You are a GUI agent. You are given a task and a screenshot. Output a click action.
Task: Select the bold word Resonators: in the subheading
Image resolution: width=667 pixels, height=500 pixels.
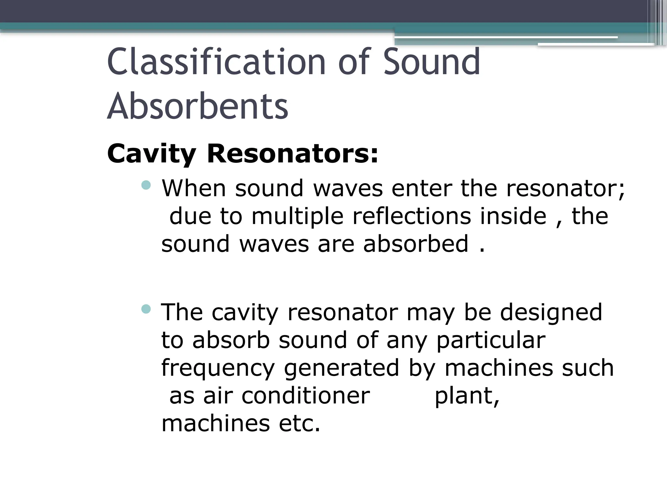tap(292, 154)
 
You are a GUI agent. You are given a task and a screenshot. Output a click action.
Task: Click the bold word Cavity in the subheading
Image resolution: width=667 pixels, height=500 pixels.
tap(151, 154)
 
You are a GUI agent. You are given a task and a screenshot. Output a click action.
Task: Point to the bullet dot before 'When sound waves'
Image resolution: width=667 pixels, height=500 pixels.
tap(147, 185)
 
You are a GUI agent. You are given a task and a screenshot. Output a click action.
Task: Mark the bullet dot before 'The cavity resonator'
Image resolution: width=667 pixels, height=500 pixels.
tap(147, 309)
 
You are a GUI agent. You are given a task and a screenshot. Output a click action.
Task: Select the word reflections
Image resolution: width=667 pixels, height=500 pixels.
tap(412, 216)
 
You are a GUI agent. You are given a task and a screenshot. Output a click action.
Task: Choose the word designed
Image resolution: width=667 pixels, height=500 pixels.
tap(551, 312)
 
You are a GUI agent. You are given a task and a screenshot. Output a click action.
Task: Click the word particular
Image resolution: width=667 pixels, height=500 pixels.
tap(490, 340)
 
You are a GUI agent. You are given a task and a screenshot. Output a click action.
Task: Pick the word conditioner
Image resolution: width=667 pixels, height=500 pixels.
tap(305, 396)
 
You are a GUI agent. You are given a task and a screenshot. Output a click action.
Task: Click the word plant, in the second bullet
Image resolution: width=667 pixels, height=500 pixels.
tap(467, 396)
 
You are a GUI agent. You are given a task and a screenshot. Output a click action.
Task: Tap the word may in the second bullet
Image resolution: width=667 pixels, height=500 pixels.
tap(431, 312)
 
